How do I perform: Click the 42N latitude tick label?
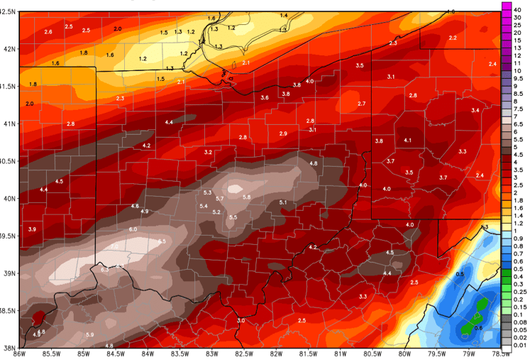[x=8, y=49]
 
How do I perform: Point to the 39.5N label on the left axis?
[x=8, y=236]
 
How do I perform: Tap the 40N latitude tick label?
[x=8, y=199]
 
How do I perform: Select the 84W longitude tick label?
[x=148, y=354]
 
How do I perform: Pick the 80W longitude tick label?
[x=404, y=354]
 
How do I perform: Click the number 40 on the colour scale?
[x=519, y=8]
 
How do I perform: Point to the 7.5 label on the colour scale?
[x=519, y=109]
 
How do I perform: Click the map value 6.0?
[x=133, y=229]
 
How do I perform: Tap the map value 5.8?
[x=246, y=197]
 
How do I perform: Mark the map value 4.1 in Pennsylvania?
[x=407, y=141]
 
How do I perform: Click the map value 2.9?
[x=283, y=133]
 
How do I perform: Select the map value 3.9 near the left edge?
[x=32, y=229]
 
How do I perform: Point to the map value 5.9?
[x=89, y=334]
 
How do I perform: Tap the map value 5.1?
[x=283, y=202]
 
